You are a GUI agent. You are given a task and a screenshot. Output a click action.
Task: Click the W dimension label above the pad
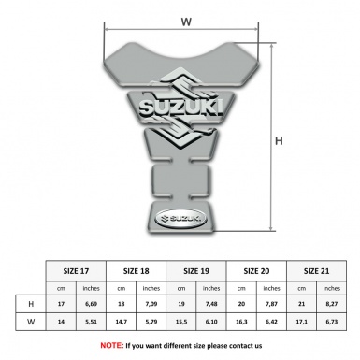tap(186, 20)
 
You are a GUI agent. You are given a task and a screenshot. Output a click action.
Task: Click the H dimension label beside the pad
tap(278, 140)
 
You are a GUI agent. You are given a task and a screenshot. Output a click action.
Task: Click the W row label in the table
tap(31, 321)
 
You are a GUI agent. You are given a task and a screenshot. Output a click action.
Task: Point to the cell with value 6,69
tap(91, 305)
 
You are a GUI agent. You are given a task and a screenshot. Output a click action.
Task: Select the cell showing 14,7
tap(122, 321)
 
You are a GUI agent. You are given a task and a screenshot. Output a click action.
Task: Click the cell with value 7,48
tap(212, 305)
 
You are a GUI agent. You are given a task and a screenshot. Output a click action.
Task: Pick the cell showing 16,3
tap(243, 321)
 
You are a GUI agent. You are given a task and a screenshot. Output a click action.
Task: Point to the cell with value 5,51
tap(91, 321)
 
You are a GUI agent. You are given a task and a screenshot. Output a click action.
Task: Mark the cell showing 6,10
tap(212, 321)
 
